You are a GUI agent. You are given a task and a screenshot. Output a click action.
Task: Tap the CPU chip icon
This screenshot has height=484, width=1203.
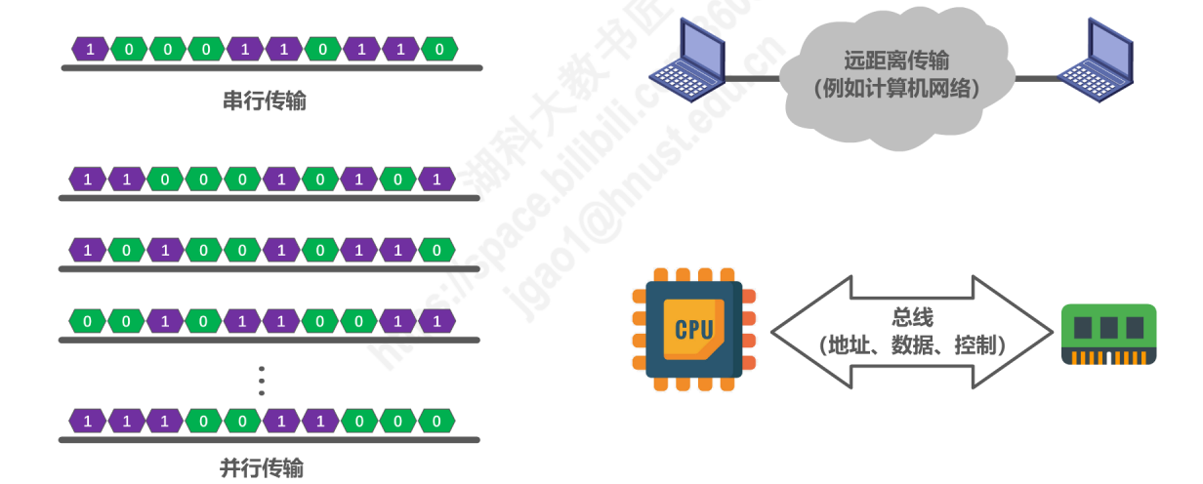coord(693,329)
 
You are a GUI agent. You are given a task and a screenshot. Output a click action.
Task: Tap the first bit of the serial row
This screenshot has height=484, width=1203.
coord(91,48)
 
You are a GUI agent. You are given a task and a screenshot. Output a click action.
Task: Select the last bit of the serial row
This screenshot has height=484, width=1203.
coord(439,48)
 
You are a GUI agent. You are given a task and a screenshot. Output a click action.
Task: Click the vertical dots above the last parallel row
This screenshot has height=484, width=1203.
coord(262,380)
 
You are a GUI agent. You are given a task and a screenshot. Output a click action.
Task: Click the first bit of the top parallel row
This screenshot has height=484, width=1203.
coord(88,179)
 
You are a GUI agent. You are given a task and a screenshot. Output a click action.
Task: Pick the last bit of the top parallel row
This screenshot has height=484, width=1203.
coord(436,179)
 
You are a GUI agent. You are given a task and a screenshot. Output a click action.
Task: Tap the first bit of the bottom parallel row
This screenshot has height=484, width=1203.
coord(88,422)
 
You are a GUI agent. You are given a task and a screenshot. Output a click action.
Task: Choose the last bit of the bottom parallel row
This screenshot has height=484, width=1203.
coord(436,422)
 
